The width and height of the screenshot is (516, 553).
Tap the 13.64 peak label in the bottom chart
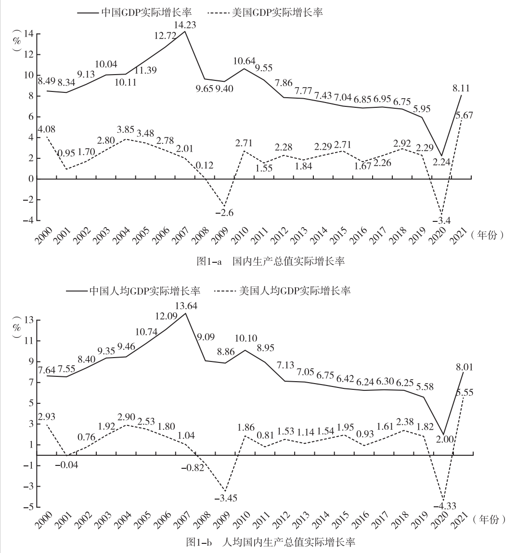[186, 306]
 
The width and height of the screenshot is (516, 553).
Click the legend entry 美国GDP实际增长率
[281, 13]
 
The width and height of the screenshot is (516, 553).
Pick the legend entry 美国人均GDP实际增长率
[295, 291]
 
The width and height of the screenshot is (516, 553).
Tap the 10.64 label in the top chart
[245, 61]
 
